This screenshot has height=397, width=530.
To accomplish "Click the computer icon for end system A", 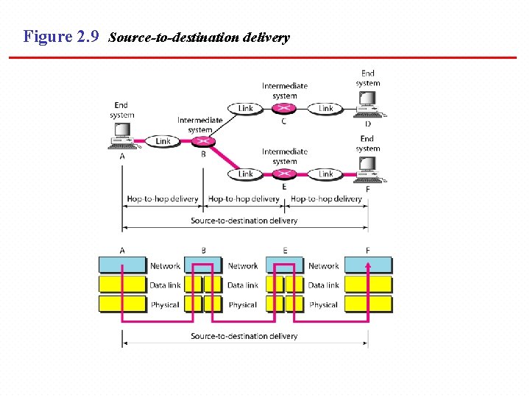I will (x=122, y=137).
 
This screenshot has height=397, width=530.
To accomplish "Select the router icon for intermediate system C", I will (x=285, y=109).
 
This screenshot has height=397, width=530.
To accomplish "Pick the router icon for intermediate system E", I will (x=285, y=174).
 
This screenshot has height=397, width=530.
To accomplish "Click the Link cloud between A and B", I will (x=163, y=141).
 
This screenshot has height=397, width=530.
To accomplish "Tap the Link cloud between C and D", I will (x=326, y=109).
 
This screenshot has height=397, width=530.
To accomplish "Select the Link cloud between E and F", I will (x=326, y=174).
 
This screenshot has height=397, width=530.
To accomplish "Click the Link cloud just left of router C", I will (x=245, y=109).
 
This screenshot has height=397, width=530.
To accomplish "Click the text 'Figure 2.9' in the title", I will (x=61, y=37).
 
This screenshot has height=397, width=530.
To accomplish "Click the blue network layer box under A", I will (x=122, y=265).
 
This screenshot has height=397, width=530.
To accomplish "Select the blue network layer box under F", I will (x=368, y=265).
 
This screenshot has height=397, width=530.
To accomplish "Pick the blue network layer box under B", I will (x=203, y=265).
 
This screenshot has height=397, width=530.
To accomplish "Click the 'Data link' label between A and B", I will (x=165, y=285).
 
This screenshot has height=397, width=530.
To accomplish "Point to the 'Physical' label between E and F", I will (x=323, y=304).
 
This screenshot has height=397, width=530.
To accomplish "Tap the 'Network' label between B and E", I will (x=243, y=266).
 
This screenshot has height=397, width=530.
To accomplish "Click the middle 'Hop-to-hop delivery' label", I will (x=244, y=198).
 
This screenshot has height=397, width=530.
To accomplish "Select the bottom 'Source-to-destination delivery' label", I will (x=244, y=336).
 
